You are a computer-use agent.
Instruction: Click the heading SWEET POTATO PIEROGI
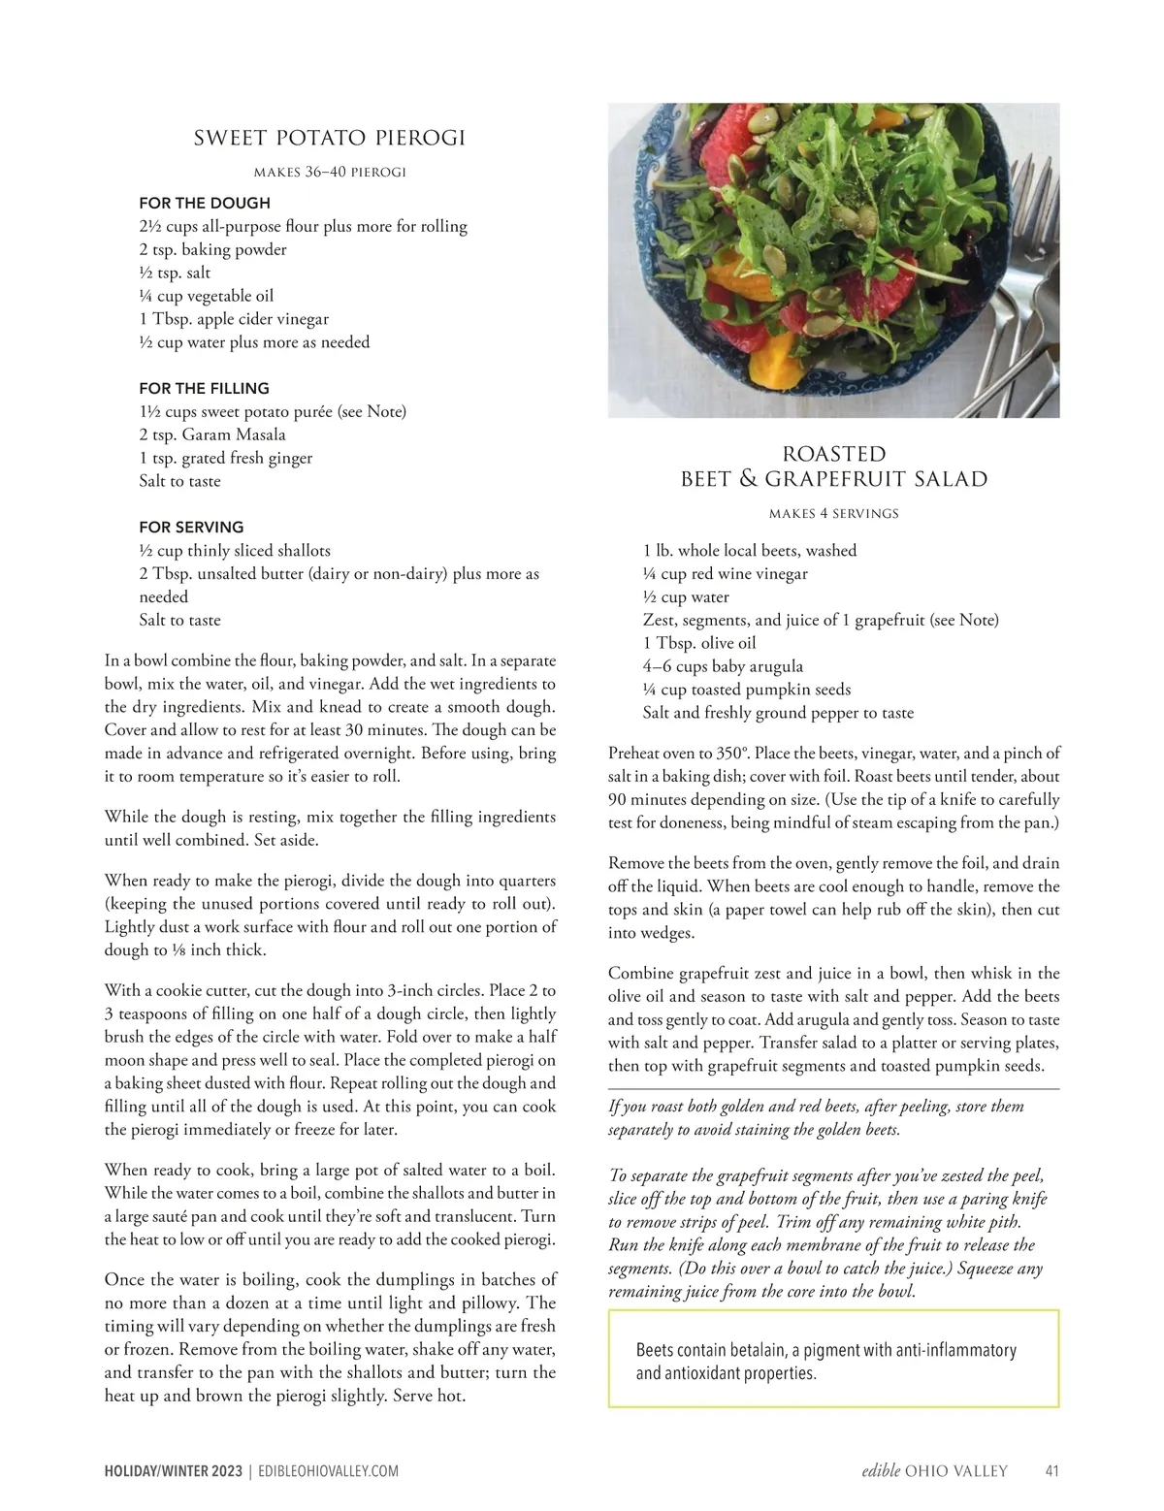[x=330, y=138]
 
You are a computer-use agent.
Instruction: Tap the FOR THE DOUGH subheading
[x=205, y=203]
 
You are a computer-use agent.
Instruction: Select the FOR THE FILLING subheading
[x=204, y=388]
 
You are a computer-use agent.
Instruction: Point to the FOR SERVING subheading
[x=191, y=527]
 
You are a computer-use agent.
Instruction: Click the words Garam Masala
[x=233, y=434]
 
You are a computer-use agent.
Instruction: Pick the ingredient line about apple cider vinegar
[x=234, y=319]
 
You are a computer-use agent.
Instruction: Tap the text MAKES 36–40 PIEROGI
[x=330, y=173]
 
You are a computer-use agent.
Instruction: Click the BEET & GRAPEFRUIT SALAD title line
[x=833, y=479]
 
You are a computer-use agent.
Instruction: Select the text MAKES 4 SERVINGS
[x=833, y=513]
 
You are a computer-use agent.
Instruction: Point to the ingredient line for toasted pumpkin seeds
[x=746, y=690]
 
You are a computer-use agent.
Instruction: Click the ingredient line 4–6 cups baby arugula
[x=723, y=666]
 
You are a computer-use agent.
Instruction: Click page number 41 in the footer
[x=1051, y=1471]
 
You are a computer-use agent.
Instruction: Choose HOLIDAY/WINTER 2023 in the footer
[x=174, y=1471]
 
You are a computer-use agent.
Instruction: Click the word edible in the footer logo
[x=881, y=1471]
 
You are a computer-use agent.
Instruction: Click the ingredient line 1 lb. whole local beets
[x=749, y=551]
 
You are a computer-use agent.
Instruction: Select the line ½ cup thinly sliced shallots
[x=235, y=550]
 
